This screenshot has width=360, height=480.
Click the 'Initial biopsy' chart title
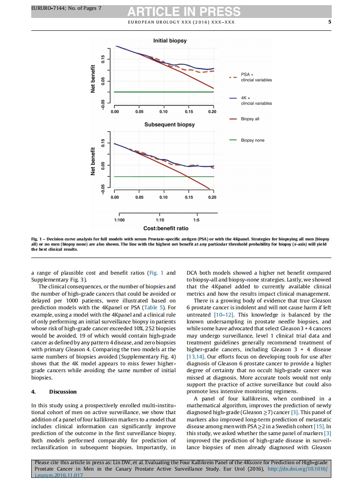click(x=170, y=41)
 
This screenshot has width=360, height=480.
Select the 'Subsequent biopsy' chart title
click(x=170, y=124)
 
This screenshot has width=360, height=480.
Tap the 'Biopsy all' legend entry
click(x=250, y=119)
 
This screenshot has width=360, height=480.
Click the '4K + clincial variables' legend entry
click(x=256, y=101)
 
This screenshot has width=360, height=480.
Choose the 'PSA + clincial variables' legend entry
click(x=256, y=77)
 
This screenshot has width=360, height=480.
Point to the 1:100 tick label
click(x=119, y=220)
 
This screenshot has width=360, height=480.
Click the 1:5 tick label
click(x=196, y=220)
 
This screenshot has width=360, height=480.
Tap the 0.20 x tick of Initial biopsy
click(x=212, y=112)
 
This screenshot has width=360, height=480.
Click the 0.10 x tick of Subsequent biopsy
click(x=163, y=197)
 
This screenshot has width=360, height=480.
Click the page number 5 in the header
click(x=330, y=22)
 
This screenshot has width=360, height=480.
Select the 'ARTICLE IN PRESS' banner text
click(x=183, y=12)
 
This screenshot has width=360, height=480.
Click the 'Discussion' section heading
click(x=63, y=391)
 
